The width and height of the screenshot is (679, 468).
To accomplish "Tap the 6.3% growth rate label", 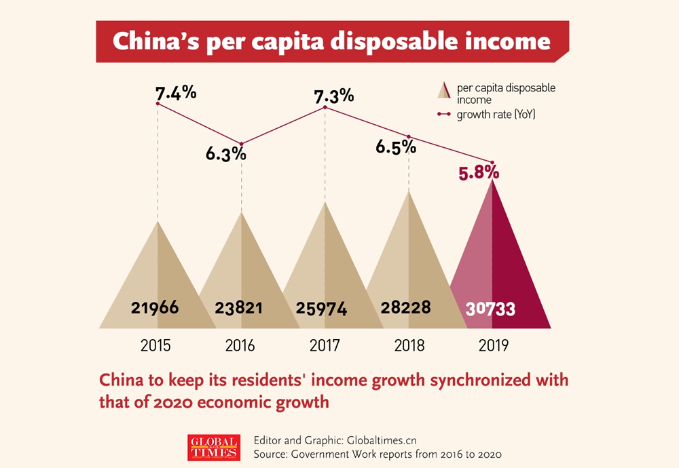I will (x=226, y=154).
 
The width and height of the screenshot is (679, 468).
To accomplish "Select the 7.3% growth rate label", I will (x=333, y=95).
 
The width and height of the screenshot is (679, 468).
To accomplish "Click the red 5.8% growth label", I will (x=479, y=173).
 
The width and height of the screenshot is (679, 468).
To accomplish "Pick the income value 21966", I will (x=155, y=308).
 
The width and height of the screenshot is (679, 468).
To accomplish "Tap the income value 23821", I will (x=239, y=308).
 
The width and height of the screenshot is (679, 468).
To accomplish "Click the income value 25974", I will (x=322, y=309).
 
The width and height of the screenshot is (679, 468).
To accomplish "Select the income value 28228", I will (x=405, y=307).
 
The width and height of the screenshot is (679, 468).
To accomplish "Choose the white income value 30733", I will (x=490, y=309).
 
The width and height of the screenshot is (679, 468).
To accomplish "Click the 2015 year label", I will (x=155, y=345).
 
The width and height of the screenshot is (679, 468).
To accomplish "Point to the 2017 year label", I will (x=325, y=345).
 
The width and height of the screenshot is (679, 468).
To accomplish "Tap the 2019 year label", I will (x=493, y=345).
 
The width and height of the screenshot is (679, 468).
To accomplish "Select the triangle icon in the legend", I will (x=445, y=92).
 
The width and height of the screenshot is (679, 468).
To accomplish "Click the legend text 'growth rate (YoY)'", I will (x=496, y=115).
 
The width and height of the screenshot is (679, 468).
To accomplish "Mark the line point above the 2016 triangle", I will (x=242, y=144).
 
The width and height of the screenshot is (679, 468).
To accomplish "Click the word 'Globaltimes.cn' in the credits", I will (x=384, y=440).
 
